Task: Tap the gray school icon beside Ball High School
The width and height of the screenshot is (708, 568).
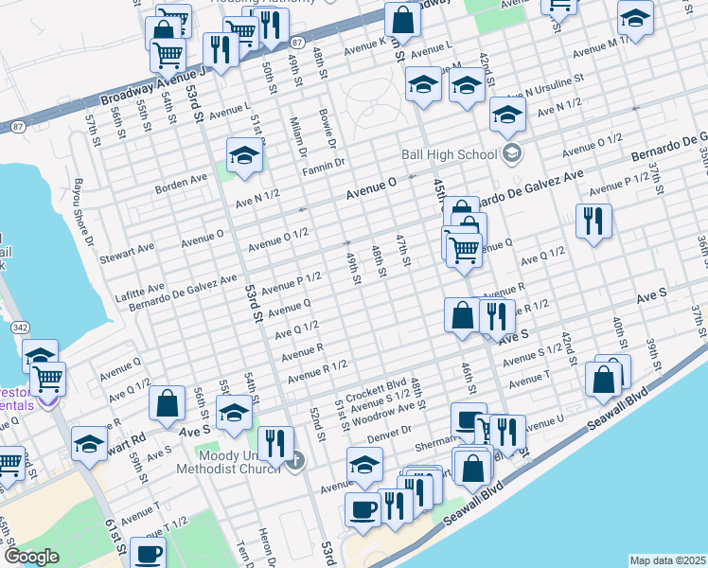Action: pos(512,153)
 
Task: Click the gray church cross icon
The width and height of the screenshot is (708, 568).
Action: pos(295,461)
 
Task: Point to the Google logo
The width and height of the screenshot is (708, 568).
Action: pos(30,557)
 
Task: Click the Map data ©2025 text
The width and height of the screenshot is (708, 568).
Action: pos(667,560)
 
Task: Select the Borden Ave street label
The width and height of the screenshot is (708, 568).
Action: pos(181,178)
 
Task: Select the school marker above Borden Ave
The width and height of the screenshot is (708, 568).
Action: pos(244,155)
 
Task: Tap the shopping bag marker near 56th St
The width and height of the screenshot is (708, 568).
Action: pos(167,402)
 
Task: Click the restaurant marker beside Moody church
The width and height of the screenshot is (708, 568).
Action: pos(274,443)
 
